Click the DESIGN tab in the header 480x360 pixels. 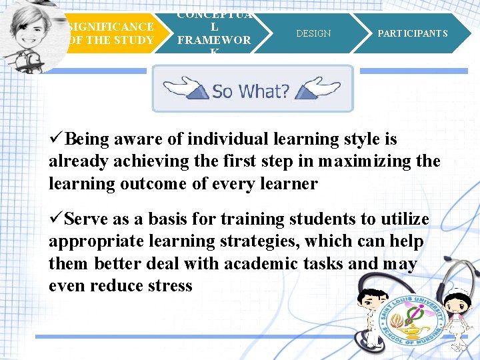313,33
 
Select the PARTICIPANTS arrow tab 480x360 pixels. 413,33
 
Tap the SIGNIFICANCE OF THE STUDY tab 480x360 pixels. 111,33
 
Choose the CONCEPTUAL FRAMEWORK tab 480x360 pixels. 213,33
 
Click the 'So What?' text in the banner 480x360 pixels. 251,90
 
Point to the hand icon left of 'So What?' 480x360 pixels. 185,88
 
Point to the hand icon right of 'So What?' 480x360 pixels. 319,88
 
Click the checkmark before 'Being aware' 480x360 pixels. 57,139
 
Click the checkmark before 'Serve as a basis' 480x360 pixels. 57,219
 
